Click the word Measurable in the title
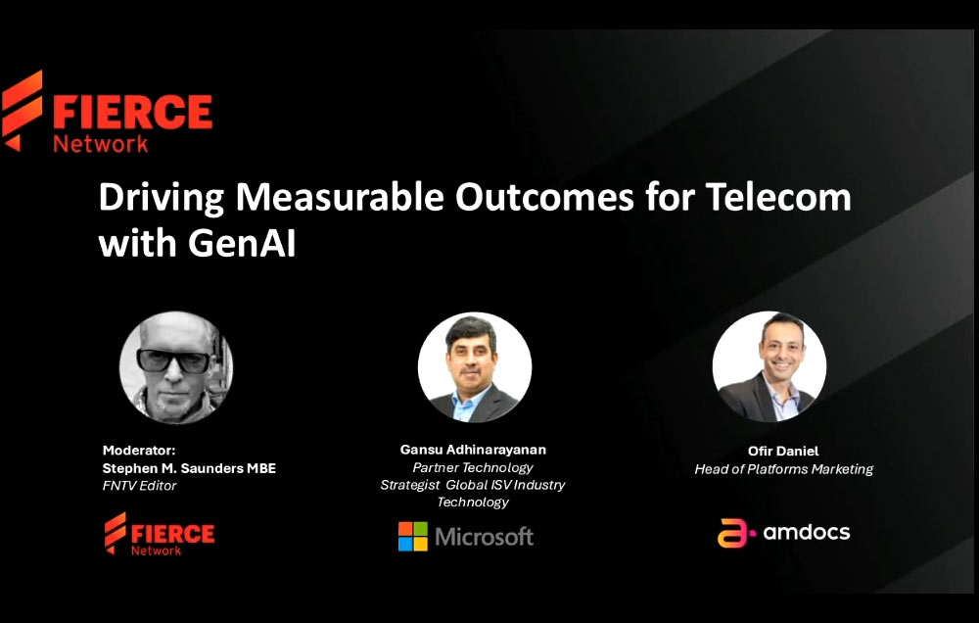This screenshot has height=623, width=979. (339, 198)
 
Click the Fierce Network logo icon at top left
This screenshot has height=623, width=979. (23, 110)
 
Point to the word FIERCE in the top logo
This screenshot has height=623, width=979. (132, 112)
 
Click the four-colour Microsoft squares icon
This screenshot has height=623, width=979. (412, 536)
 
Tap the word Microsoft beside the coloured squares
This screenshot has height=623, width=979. (485, 537)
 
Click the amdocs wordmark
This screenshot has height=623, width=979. (806, 533)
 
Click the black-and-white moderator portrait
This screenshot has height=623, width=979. (176, 367)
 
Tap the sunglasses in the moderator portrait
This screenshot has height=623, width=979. (173, 359)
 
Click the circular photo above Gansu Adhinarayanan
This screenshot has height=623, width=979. (475, 367)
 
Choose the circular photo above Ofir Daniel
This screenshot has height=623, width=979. (769, 366)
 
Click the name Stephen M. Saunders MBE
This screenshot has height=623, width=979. (189, 468)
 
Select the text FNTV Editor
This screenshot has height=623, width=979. (139, 486)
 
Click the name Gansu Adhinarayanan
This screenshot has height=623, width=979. (473, 450)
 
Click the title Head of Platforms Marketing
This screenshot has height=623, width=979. (783, 469)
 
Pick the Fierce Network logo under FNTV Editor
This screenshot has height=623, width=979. (160, 535)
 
